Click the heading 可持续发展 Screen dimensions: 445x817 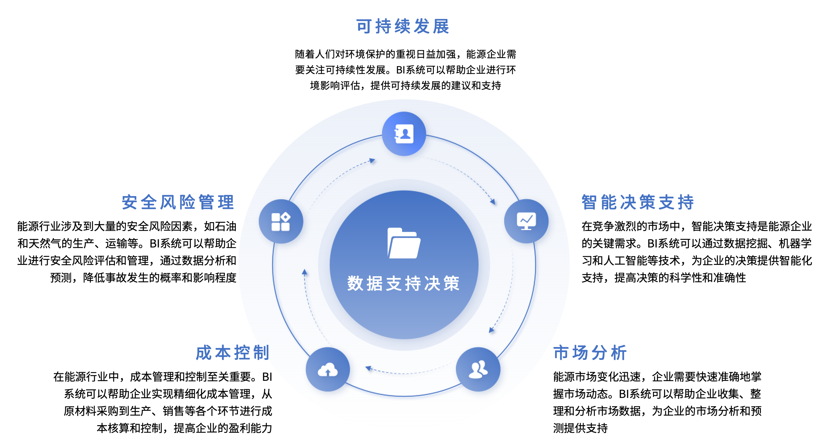(403, 26)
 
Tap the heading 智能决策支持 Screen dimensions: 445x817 (638, 202)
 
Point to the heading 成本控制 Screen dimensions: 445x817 (233, 352)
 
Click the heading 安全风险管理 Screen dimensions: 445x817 (178, 202)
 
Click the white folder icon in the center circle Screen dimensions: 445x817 (404, 243)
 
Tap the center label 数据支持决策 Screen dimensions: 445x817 (404, 283)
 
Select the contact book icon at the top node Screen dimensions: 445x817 (404, 134)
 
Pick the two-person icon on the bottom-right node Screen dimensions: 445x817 (478, 369)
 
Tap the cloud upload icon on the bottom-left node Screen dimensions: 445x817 (328, 369)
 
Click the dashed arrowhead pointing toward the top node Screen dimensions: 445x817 (372, 161)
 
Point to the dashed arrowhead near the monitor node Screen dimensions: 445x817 (493, 201)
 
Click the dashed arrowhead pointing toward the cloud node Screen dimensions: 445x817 (368, 368)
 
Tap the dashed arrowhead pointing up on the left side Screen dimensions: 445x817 (304, 272)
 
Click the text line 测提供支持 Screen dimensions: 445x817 (580, 428)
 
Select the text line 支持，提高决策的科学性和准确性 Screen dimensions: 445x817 (663, 278)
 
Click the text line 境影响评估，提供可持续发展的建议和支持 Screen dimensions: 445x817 (405, 85)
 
